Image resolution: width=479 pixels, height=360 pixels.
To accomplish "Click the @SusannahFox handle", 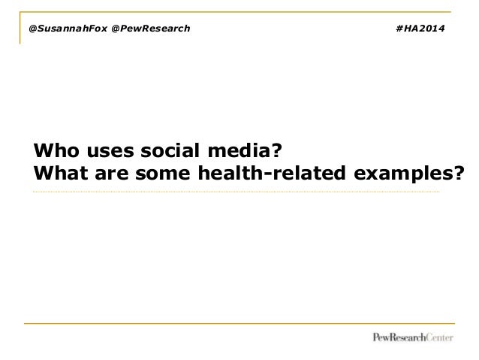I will (x=68, y=29).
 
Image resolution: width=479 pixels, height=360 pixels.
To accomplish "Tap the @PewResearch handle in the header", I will (x=150, y=29).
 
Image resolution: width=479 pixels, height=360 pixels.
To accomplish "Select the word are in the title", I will (x=109, y=175).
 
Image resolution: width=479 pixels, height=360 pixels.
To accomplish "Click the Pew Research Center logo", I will (x=413, y=337).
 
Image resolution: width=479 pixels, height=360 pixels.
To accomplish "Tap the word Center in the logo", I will (x=439, y=337).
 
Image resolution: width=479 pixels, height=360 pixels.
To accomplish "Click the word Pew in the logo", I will (x=383, y=337).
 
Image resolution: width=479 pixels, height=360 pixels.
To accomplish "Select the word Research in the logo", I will (x=409, y=337).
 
